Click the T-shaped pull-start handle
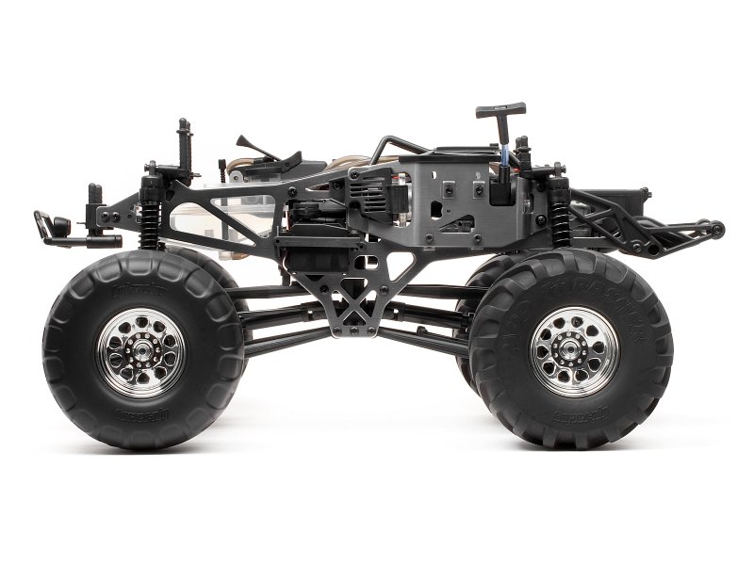tap(500, 110)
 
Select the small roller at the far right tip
tap(717, 229)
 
